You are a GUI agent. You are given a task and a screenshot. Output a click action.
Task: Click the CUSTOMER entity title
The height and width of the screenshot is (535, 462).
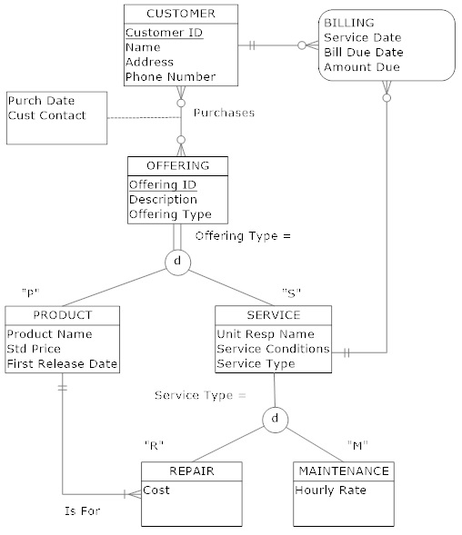coord(181,14)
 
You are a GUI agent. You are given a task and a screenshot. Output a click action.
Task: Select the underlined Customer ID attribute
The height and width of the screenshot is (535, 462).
coord(164,32)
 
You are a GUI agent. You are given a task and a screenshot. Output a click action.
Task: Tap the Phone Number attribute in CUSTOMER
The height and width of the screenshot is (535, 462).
coord(170,77)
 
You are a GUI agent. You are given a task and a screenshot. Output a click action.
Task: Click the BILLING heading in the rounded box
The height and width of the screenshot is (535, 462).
coord(347,22)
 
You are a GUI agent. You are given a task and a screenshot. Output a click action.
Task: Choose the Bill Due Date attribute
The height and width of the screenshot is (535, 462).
coord(364,52)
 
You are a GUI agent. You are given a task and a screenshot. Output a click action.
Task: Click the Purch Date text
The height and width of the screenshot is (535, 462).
coord(41,100)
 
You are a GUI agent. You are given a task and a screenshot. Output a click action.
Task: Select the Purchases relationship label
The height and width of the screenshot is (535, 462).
coord(225,113)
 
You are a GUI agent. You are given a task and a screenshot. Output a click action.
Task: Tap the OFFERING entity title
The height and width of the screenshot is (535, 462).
coord(177,165)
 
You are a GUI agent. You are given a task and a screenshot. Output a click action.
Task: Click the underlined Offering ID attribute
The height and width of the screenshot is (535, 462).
coord(162,184)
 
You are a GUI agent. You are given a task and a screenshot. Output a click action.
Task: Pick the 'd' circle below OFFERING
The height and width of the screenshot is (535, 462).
coord(177,262)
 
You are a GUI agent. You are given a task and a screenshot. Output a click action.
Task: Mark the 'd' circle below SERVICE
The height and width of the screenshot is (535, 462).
coord(274,419)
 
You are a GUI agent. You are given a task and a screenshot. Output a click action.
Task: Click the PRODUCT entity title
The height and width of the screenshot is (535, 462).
coord(62,315)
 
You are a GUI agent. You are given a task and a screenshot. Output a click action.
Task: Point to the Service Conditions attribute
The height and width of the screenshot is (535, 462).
coord(273,349)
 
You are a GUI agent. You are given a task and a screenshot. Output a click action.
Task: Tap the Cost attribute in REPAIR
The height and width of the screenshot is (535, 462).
coord(156,490)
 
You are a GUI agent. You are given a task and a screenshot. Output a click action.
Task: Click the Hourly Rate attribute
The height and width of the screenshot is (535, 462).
coord(330,490)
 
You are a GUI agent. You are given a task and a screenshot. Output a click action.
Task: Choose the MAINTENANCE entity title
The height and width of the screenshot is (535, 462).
coord(343,471)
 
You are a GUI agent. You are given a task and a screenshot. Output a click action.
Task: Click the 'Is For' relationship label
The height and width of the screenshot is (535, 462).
coord(81,510)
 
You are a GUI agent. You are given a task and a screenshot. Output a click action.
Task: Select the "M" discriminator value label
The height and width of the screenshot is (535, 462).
coord(357,444)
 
